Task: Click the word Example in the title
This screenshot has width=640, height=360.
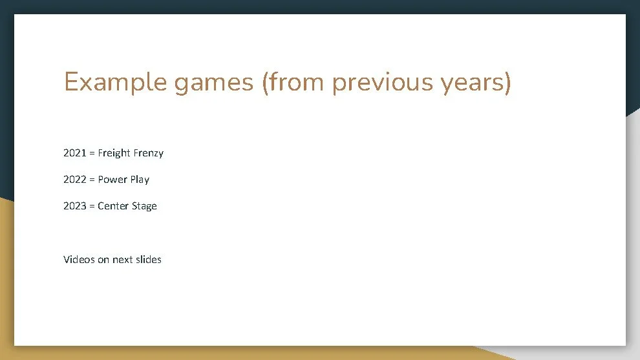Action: tap(114, 83)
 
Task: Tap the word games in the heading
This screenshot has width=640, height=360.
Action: tap(214, 83)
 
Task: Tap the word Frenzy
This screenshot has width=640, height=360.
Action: tap(148, 153)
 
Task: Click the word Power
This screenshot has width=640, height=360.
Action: tap(112, 180)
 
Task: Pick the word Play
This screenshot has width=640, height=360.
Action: tap(140, 180)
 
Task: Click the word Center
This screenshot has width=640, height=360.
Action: tap(114, 206)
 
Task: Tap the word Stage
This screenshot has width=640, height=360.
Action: tap(145, 206)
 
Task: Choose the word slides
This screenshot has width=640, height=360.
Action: tap(149, 260)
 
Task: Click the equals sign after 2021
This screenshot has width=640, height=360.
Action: tap(92, 153)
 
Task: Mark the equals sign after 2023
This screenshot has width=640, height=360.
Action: tap(92, 206)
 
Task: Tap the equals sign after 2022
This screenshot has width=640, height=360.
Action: tap(92, 180)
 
